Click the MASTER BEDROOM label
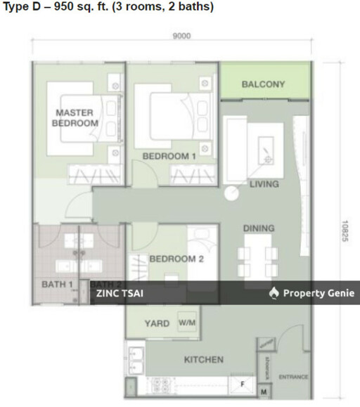(75, 117)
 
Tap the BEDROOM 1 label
(169, 156)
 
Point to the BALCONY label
(263, 84)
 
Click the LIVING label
(264, 184)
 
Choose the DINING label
(259, 228)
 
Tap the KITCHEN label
(203, 360)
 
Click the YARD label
(157, 324)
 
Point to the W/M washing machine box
(187, 322)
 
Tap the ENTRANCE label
(293, 377)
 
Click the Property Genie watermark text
(319, 293)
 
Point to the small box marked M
(264, 391)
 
